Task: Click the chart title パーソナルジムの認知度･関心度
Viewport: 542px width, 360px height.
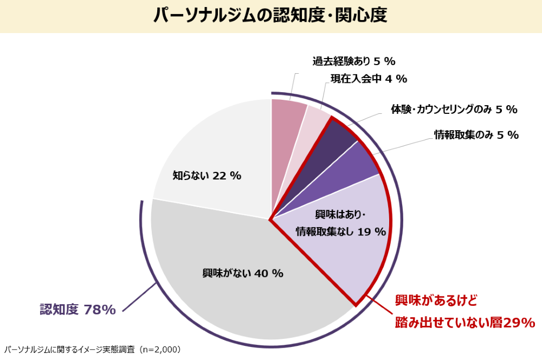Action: point(270,15)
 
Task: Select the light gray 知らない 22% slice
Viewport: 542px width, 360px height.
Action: point(217,146)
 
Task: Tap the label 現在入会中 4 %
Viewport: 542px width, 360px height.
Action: point(369,79)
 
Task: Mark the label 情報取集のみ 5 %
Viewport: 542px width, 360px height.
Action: point(476,135)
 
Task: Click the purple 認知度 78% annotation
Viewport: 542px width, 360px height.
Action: point(78,310)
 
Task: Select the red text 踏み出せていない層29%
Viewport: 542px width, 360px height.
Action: point(464,323)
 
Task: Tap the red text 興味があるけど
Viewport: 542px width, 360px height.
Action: point(436,300)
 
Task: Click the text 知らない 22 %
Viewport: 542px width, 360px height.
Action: point(207,176)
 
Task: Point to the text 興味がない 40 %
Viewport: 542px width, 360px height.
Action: point(243,273)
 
